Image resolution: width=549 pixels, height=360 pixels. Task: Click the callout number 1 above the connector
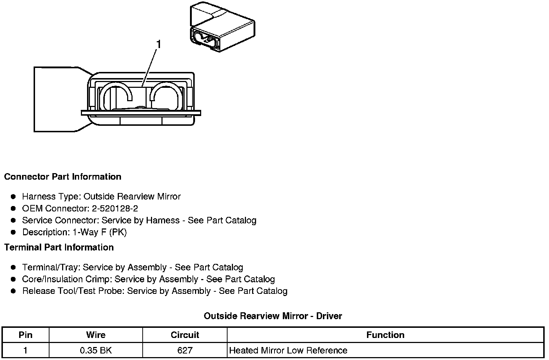pos(158,44)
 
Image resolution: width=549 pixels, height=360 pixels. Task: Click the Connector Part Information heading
pos(62,177)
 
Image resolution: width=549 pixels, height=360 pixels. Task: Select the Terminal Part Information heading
pos(59,247)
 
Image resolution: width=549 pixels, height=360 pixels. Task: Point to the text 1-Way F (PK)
pos(100,232)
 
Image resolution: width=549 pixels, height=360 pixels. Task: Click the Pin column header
pos(25,335)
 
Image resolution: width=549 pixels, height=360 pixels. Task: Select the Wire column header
pos(96,335)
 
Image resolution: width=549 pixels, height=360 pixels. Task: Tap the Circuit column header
pos(185,335)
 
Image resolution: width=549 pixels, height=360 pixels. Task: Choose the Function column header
pos(385,335)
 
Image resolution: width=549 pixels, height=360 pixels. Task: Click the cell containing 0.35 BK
pos(96,350)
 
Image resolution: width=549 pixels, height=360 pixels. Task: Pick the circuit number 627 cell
pos(185,350)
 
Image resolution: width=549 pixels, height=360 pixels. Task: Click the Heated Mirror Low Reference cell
pos(288,350)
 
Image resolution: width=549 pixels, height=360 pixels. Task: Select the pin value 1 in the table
pos(25,350)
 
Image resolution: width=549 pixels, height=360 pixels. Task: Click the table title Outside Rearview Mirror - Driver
pos(273,316)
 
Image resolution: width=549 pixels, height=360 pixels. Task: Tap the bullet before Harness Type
pos(13,197)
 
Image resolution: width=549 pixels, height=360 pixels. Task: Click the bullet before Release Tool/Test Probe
pos(13,291)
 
